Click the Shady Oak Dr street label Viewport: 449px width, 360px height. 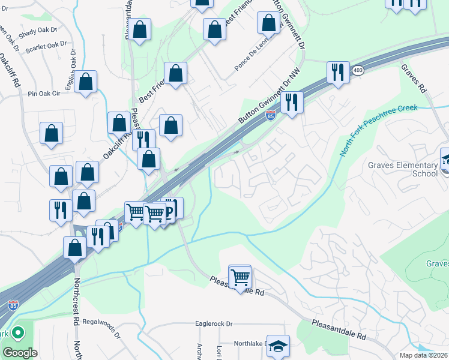[x=37, y=32]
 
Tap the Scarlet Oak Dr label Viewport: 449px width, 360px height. [x=47, y=45]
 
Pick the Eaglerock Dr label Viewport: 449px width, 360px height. [x=214, y=324]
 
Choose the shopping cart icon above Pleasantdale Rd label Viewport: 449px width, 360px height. [x=240, y=276]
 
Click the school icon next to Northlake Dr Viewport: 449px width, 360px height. [x=278, y=346]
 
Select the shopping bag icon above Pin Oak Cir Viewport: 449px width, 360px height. [x=86, y=83]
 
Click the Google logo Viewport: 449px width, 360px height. [x=20, y=352]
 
